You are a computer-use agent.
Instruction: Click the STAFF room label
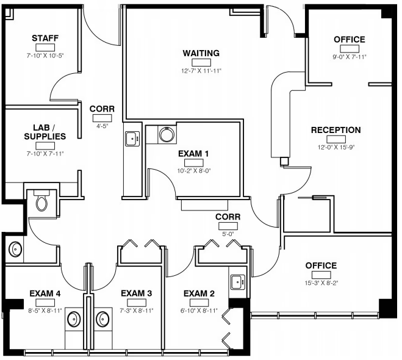pyautogui.click(x=45, y=38)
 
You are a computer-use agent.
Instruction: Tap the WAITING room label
pyautogui.click(x=201, y=53)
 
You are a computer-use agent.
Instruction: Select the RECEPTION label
pyautogui.click(x=336, y=130)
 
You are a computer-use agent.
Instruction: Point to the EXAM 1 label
pyautogui.click(x=193, y=154)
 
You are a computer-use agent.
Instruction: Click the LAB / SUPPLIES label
pyautogui.click(x=45, y=132)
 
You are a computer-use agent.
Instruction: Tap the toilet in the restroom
pyautogui.click(x=41, y=201)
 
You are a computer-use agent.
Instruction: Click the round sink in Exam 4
pyautogui.click(x=74, y=319)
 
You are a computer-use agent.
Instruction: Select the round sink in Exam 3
pyautogui.click(x=103, y=319)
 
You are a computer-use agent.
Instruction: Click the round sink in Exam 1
pyautogui.click(x=167, y=134)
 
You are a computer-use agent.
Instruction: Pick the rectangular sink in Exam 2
pyautogui.click(x=238, y=282)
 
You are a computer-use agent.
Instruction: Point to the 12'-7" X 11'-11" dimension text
pyautogui.click(x=201, y=71)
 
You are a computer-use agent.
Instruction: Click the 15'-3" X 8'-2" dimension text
pyautogui.click(x=321, y=283)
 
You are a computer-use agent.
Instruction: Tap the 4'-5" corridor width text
pyautogui.click(x=102, y=126)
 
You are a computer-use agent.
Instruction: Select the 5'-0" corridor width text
pyautogui.click(x=228, y=234)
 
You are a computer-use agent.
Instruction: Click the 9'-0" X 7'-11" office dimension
pyautogui.click(x=350, y=57)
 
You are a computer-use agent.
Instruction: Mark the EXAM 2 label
pyautogui.click(x=199, y=293)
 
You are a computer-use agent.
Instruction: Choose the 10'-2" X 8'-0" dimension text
pyautogui.click(x=194, y=171)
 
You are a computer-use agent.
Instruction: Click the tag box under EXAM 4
pyautogui.click(x=45, y=303)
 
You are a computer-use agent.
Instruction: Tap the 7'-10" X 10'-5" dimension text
pyautogui.click(x=45, y=56)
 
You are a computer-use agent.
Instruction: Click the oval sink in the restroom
pyautogui.click(x=15, y=249)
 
